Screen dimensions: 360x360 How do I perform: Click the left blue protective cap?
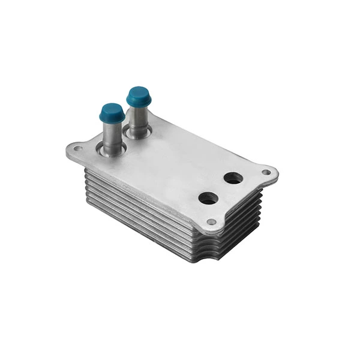[x=112, y=112]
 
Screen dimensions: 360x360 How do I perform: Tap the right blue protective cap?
[x=139, y=96]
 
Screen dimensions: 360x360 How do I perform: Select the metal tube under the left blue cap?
[x=112, y=135]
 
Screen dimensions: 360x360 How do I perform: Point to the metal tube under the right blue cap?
[x=139, y=119]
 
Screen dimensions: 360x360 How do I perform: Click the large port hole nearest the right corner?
[x=233, y=178]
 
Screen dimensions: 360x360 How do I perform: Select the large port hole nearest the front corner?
[x=208, y=198]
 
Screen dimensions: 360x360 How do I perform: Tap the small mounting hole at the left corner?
[x=77, y=148]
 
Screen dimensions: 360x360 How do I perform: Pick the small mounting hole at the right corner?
[x=266, y=172]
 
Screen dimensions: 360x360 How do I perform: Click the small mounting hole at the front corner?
[x=211, y=222]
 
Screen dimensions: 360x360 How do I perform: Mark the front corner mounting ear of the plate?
[x=211, y=224]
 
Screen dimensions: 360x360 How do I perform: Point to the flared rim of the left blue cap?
[x=112, y=118]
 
